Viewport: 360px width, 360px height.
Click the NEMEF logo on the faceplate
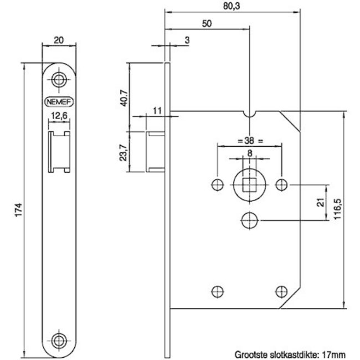[59, 102]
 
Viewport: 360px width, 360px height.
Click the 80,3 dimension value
[232, 6]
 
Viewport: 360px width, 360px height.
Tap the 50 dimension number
[207, 24]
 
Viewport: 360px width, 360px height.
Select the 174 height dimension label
[19, 209]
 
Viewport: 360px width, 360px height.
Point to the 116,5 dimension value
[338, 209]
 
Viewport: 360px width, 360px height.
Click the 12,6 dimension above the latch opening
[59, 116]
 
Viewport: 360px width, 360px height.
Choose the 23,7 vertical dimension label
[124, 152]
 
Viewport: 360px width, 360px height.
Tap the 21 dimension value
[322, 202]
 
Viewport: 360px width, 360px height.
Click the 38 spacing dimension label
[249, 141]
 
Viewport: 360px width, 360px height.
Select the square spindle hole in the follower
[249, 184]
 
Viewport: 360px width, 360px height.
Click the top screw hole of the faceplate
[59, 80]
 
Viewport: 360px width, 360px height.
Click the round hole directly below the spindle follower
[250, 220]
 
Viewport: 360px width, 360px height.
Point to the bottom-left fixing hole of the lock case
[218, 291]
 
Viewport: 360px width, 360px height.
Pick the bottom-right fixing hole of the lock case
[281, 291]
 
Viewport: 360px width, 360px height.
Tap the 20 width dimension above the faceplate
[59, 40]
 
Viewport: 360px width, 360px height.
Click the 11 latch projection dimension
[157, 111]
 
